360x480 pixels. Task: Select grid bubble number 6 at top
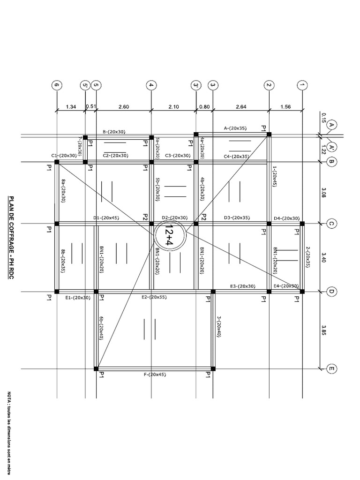click(57, 85)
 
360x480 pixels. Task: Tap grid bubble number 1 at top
click(301, 85)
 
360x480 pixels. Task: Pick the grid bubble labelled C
click(331, 224)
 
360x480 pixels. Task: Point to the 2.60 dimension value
click(124, 107)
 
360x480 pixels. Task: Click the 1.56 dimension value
click(285, 107)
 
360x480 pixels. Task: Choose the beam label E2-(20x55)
click(155, 297)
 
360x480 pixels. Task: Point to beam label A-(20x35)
click(236, 128)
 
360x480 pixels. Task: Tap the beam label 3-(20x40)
click(218, 326)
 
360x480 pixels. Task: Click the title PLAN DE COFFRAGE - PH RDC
click(10, 238)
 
